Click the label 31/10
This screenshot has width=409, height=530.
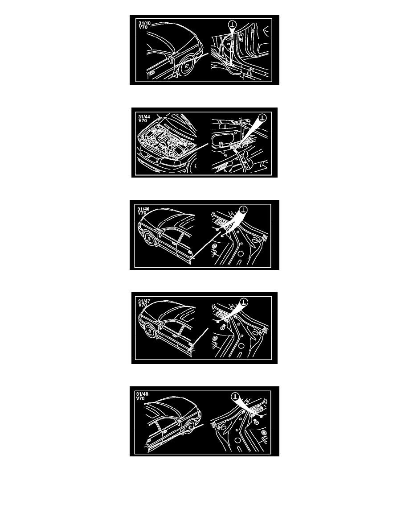pos(144,23)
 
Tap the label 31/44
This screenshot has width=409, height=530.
pos(144,117)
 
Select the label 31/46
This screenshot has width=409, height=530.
pos(143,209)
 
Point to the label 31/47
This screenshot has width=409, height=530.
pos(144,301)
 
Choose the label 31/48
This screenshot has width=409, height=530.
pos(142,394)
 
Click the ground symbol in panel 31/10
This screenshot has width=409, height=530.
pos(232,24)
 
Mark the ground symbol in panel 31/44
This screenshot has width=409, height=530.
pos(262,118)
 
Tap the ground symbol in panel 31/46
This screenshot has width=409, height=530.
pos(244,210)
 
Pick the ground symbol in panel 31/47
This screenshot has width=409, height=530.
pos(244,302)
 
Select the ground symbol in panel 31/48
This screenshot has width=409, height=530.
pos(235,397)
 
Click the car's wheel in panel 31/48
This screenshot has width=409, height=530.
pos(189,427)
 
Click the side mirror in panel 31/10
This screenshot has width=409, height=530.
pos(170,60)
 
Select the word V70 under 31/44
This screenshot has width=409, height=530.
pos(143,120)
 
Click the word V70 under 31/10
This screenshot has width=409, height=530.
pos(143,27)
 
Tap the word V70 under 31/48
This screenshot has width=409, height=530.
pos(140,398)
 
